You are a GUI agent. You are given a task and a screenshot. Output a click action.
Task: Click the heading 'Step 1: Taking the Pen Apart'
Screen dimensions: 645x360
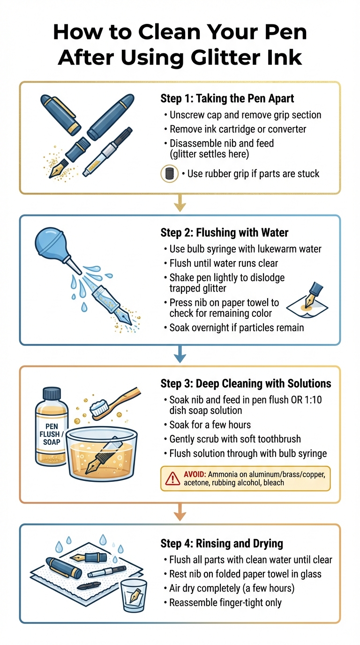227,98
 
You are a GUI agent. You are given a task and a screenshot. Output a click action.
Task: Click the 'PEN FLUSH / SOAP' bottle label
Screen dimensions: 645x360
51,434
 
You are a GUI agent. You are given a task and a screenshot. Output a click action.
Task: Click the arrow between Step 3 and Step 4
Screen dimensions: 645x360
180,514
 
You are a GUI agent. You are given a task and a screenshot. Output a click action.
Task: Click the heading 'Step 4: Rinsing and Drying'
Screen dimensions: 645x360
222,543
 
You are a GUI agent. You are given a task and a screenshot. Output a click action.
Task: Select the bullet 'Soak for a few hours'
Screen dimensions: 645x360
210,425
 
